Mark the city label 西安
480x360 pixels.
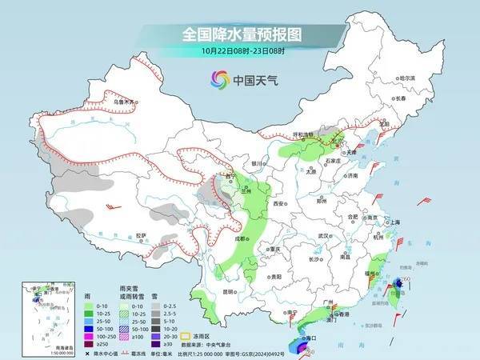(278, 204)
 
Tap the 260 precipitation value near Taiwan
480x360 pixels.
(406, 278)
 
